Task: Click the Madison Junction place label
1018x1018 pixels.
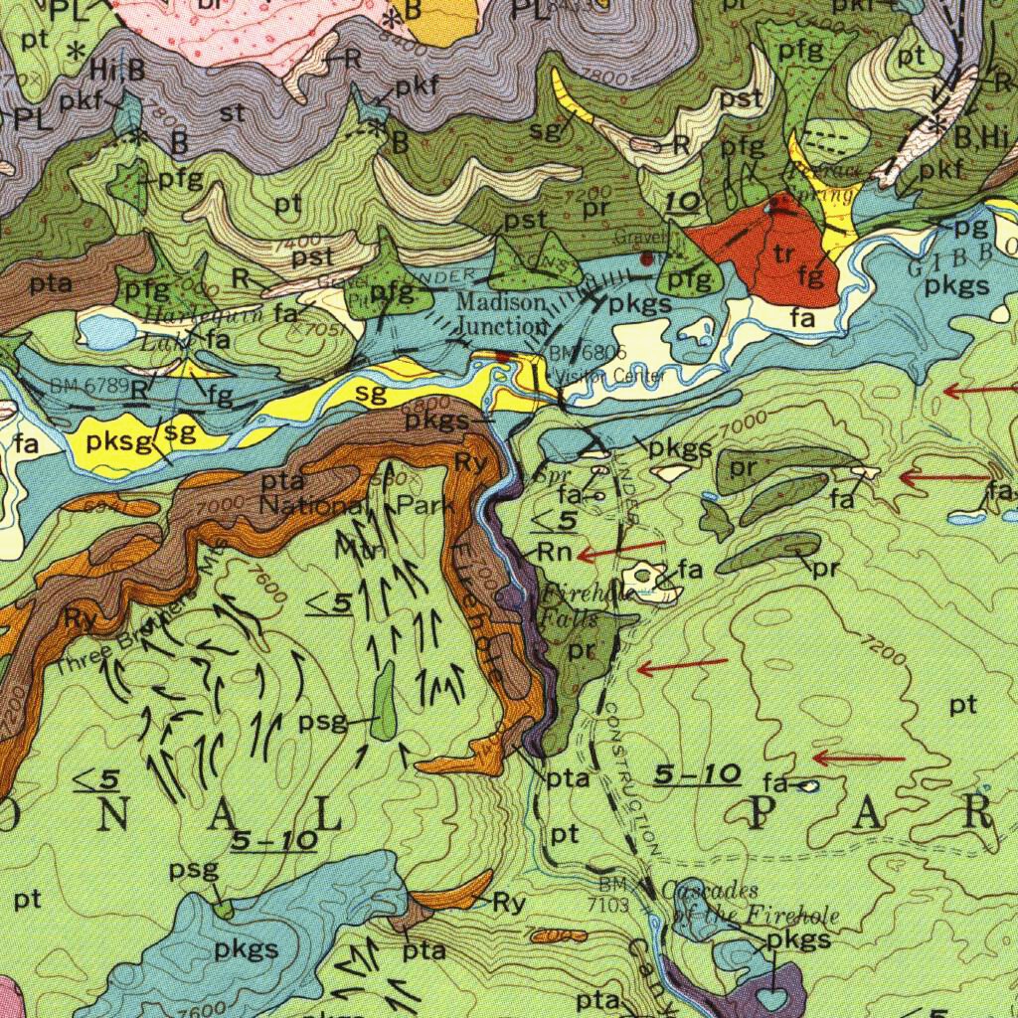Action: pyautogui.click(x=502, y=313)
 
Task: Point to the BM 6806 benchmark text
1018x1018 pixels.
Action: pyautogui.click(x=589, y=353)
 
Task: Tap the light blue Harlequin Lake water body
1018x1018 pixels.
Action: pyautogui.click(x=104, y=328)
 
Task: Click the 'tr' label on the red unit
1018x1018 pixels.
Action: pyautogui.click(x=783, y=254)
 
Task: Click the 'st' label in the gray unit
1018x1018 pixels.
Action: pyautogui.click(x=232, y=113)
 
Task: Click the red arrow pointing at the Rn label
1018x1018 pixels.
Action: pyautogui.click(x=621, y=548)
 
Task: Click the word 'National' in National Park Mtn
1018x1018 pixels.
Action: pyautogui.click(x=308, y=504)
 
